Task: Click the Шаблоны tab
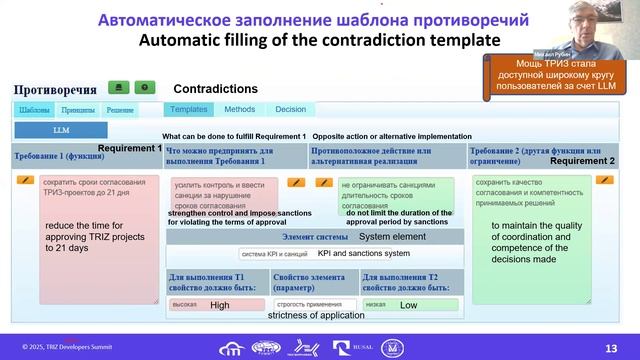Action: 33,110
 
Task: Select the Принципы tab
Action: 77,110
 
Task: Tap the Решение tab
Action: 120,110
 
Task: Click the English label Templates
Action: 189,109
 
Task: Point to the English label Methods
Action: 239,109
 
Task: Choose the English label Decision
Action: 291,109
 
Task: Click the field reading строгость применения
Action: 313,304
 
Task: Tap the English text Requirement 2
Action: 583,160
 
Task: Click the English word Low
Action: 409,305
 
